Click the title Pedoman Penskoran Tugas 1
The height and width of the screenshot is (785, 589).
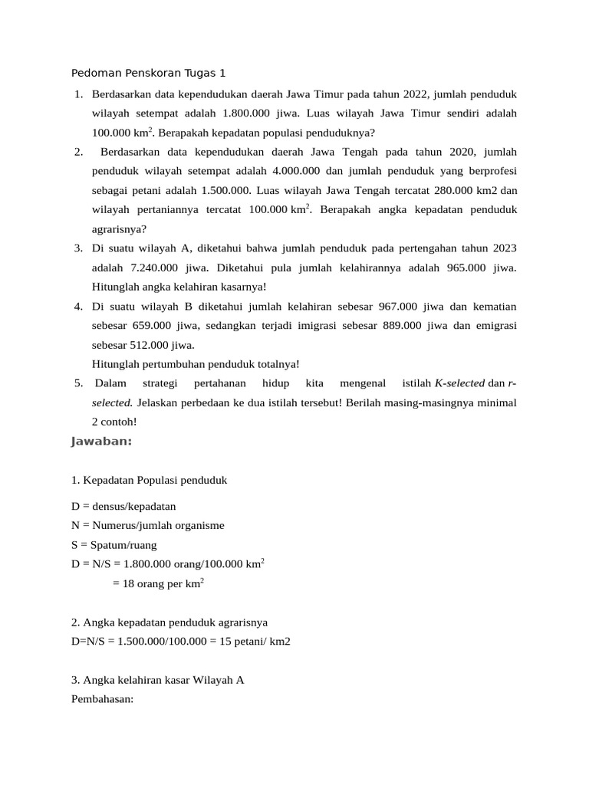[x=148, y=74]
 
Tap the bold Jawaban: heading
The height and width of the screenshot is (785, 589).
[x=102, y=441]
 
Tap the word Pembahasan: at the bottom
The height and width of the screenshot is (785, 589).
[x=102, y=699]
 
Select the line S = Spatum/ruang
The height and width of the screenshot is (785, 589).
[x=114, y=545]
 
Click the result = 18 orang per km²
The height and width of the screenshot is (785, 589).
[x=158, y=583]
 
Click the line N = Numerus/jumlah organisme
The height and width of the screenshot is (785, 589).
[x=147, y=525]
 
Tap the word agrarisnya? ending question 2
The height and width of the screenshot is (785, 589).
[x=119, y=228]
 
